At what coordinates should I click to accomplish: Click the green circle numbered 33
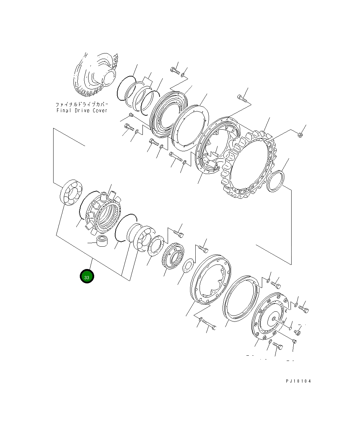click(87, 276)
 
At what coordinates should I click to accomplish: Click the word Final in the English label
click(63, 110)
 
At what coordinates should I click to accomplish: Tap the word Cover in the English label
click(100, 110)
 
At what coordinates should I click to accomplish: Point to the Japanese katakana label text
click(82, 104)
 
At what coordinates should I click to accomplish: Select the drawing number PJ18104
click(298, 381)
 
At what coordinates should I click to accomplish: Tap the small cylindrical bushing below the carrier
click(102, 241)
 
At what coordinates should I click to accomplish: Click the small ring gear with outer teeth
click(173, 256)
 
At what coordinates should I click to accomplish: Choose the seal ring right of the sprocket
click(275, 181)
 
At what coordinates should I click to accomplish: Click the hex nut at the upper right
click(300, 135)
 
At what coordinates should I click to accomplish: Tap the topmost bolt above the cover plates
click(175, 71)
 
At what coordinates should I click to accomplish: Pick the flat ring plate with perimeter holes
click(190, 128)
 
